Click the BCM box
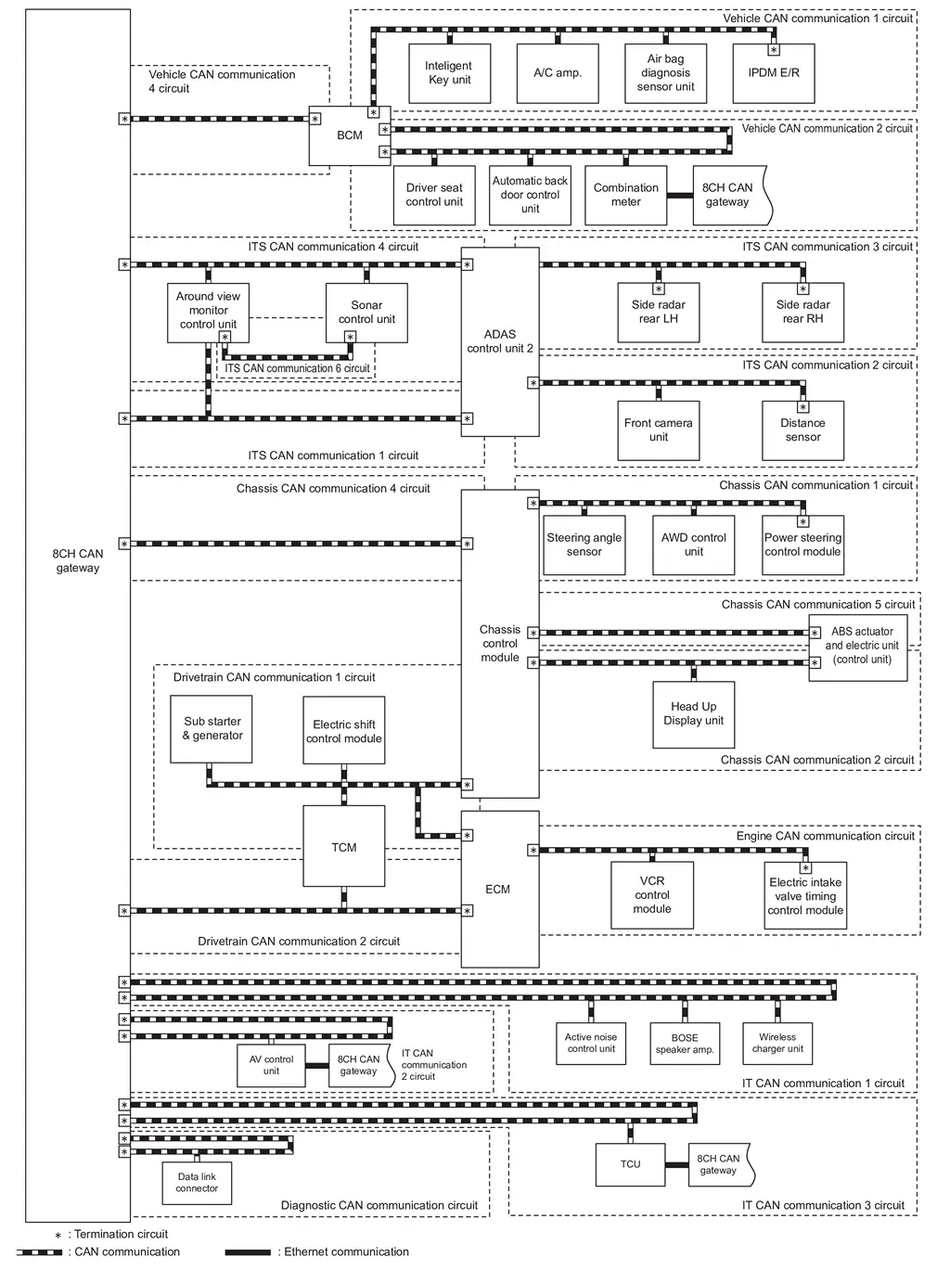point(349,135)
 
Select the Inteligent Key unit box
point(449,73)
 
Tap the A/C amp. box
point(558,73)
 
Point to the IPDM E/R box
point(774,73)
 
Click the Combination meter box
point(625,195)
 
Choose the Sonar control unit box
point(366,313)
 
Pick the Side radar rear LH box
point(659,313)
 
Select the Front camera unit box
point(659,430)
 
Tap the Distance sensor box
point(802,430)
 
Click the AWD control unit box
point(693,545)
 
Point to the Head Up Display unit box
point(693,713)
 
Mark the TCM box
point(343,847)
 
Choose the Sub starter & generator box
point(212,729)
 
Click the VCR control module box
point(651,895)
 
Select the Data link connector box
point(197,1183)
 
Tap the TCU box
point(630,1164)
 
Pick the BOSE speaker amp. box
point(684,1044)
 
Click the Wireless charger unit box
point(777,1044)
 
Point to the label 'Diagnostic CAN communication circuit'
point(379,1206)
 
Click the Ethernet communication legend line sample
point(248,1252)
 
